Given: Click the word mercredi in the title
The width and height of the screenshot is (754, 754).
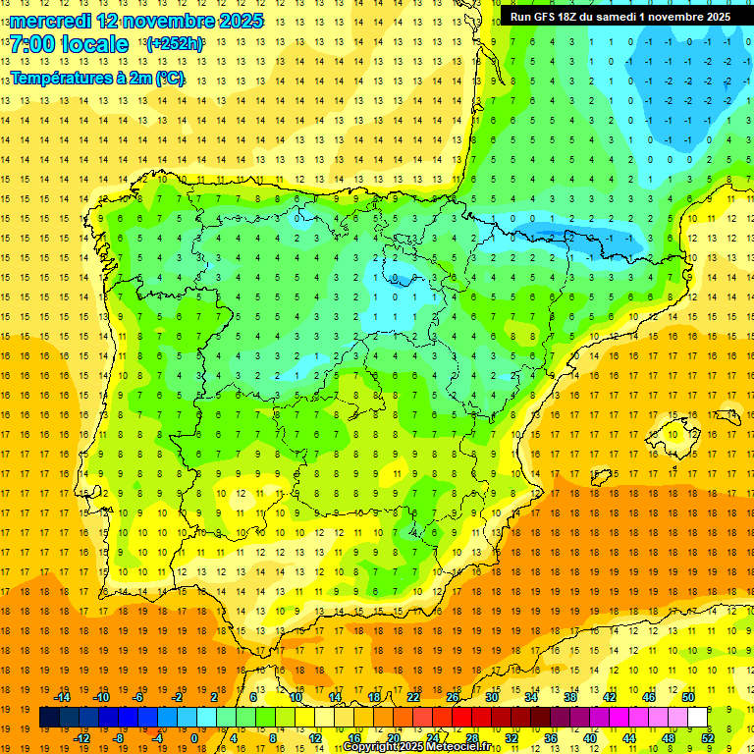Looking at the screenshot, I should click(49, 20).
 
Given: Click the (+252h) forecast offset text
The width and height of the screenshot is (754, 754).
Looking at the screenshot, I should click(174, 44).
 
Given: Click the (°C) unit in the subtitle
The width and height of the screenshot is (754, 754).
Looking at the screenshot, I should click(168, 78).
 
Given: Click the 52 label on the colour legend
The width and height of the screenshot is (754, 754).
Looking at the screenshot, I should click(708, 737).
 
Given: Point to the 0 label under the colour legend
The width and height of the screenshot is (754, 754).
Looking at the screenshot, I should click(193, 737).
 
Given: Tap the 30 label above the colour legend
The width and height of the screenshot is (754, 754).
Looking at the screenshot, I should click(490, 697).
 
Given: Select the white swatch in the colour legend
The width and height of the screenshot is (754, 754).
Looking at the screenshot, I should click(698, 718).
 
